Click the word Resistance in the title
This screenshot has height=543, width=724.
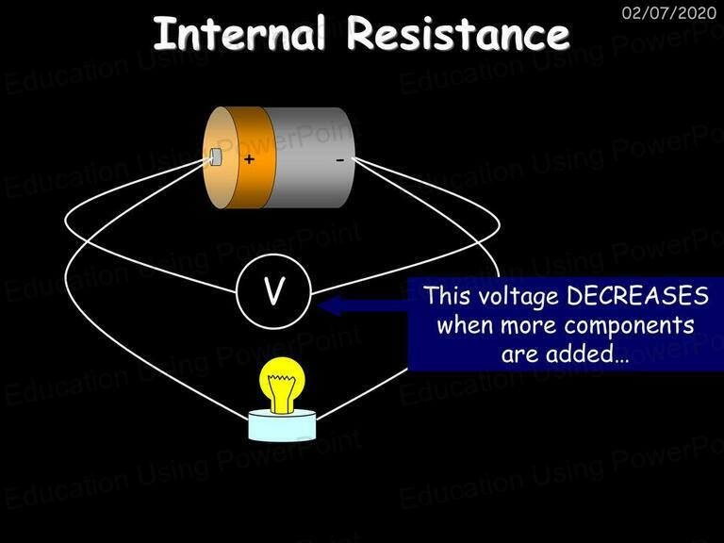[x=458, y=33]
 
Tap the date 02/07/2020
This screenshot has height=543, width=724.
[x=669, y=12]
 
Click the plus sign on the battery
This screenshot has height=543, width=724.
[x=249, y=159]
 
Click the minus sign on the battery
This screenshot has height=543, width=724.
[x=339, y=160]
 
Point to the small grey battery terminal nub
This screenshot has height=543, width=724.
[x=216, y=156]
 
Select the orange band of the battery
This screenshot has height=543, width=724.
[x=251, y=157]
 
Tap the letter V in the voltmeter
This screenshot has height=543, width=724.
[x=273, y=290]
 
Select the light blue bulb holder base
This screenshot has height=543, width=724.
[x=282, y=425]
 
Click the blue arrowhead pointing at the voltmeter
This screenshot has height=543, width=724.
[x=330, y=305]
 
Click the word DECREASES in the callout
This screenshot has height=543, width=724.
[x=637, y=295]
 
